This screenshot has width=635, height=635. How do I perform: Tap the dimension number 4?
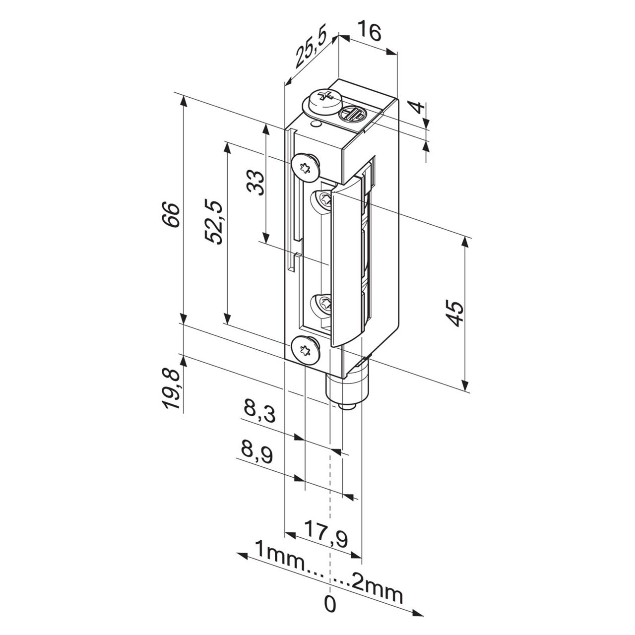(x=418, y=107)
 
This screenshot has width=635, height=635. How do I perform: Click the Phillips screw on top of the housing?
(x=325, y=98)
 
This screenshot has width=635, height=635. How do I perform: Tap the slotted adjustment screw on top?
(x=351, y=116)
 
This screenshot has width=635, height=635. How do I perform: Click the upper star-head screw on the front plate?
(x=305, y=167)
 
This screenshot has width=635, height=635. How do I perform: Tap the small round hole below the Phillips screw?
(x=315, y=124)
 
